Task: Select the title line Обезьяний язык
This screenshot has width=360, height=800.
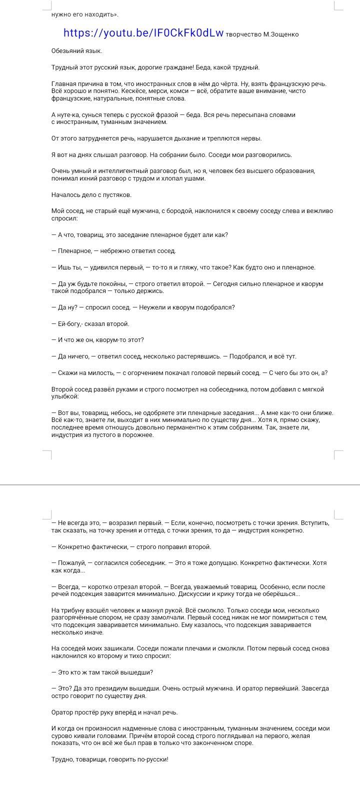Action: click(76, 51)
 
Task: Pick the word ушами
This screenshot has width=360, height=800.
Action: click(195, 178)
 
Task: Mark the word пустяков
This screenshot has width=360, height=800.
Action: click(117, 195)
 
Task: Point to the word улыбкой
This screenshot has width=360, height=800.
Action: click(64, 396)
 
